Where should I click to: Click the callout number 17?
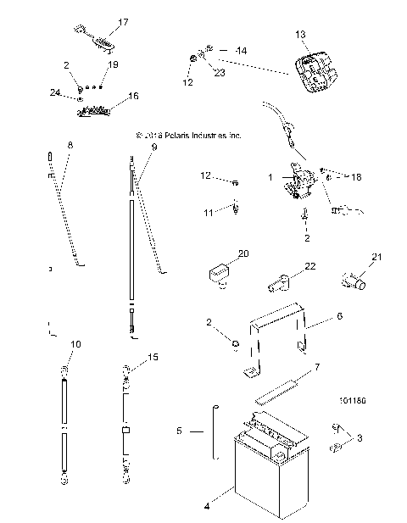(x=123, y=22)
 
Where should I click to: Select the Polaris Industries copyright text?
(x=188, y=135)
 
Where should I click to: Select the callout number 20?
(x=243, y=253)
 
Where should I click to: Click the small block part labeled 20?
(x=219, y=273)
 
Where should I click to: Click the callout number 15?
(x=153, y=357)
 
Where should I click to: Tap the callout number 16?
(x=133, y=97)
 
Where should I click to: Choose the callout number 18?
(x=356, y=177)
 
